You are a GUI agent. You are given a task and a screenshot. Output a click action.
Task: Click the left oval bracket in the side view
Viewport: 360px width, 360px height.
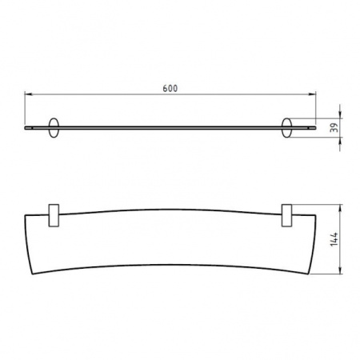point(54,129)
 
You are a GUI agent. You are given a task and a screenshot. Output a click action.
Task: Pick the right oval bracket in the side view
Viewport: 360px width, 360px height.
point(286,129)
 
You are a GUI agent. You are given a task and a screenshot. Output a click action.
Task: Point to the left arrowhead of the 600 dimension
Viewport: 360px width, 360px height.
point(26,94)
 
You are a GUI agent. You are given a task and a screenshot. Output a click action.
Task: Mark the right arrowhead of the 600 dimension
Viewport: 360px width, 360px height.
point(314,94)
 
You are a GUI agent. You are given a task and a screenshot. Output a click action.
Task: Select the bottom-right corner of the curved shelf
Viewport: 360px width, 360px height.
point(310,274)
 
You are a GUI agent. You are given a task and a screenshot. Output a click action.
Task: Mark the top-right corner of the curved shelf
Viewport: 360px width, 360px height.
point(315,215)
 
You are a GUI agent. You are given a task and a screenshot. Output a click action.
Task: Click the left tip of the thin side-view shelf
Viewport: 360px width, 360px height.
point(26,127)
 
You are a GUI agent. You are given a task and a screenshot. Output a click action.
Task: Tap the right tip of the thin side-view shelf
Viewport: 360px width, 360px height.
point(314,127)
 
